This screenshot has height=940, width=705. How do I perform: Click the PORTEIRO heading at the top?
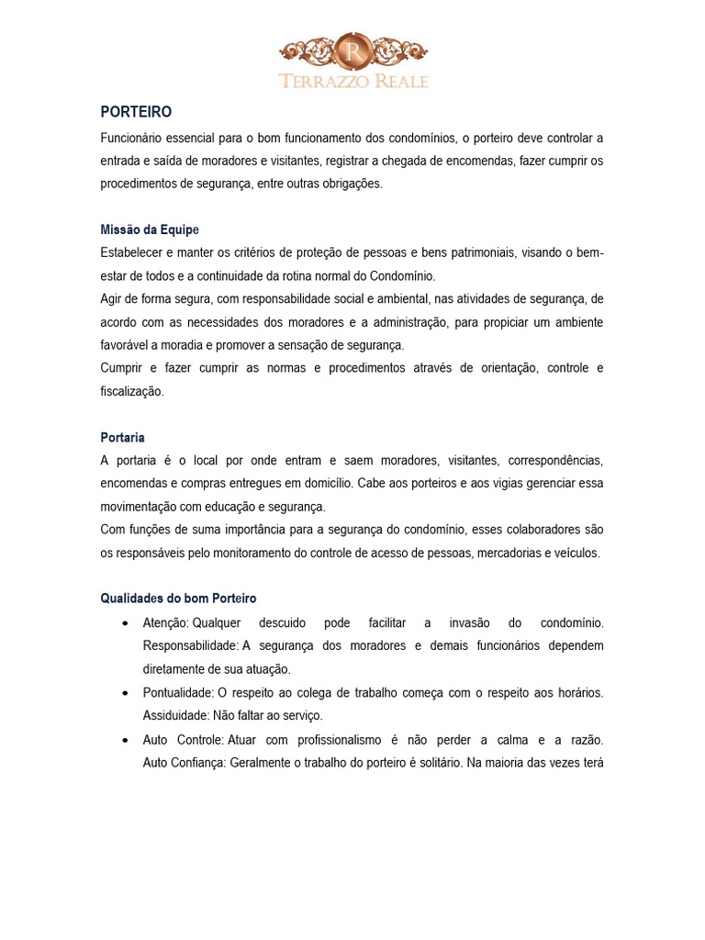coord(136,112)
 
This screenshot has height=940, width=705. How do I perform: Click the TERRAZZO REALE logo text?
coord(353,81)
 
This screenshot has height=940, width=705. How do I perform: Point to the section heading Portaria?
coord(122,437)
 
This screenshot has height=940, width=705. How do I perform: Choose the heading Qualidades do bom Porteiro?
coord(178,599)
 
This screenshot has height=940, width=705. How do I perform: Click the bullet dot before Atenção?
coord(125,623)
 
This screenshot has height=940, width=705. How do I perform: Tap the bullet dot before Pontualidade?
coord(125,692)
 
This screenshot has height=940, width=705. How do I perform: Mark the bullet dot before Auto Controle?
coord(125,739)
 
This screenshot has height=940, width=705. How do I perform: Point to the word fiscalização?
coord(132,391)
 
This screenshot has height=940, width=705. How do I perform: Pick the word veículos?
coord(575,553)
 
